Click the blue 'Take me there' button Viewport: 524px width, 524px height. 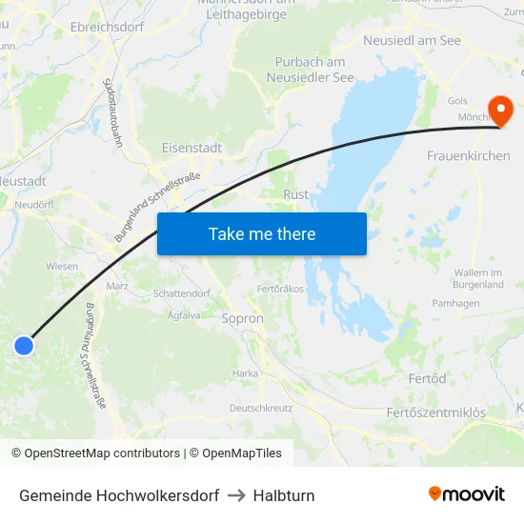pos(261,233)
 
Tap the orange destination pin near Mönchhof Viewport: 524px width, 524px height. pos(499,110)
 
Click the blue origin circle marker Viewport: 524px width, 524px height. pos(24,346)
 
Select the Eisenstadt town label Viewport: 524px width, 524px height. pos(191,148)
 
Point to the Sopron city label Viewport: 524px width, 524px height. pos(242,318)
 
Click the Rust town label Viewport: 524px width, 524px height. pos(295,194)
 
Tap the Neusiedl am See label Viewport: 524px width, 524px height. pos(412,41)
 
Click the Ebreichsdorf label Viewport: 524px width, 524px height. pos(107,27)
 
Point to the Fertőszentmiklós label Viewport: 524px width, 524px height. pos(436,413)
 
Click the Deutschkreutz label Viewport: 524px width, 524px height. pos(261,407)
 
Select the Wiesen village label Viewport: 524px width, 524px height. pos(61,266)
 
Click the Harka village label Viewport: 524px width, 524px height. pos(245,373)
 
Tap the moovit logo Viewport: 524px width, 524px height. pos(466,494)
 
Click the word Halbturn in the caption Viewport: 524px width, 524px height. pos(284,495)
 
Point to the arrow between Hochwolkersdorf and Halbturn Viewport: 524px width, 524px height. pos(236,495)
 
